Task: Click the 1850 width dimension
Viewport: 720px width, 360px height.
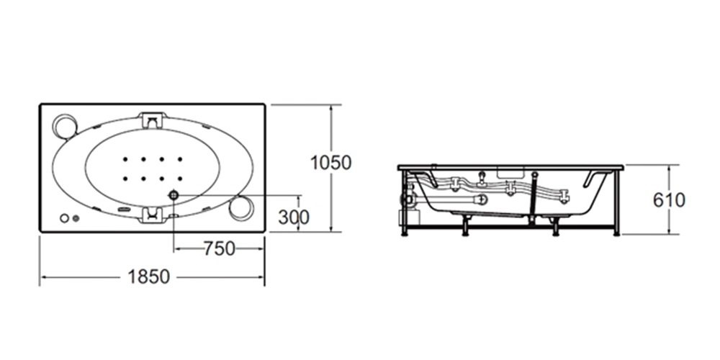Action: (x=149, y=277)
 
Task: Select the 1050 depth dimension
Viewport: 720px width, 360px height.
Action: (x=331, y=163)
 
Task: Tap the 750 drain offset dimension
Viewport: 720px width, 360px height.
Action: (x=219, y=248)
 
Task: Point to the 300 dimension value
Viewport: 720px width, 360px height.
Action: (x=294, y=217)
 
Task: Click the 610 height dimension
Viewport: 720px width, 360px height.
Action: (x=669, y=199)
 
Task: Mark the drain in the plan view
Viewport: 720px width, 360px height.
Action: (x=174, y=195)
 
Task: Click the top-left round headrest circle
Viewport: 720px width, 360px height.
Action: (x=65, y=126)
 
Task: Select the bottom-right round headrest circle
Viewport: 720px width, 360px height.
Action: (x=241, y=208)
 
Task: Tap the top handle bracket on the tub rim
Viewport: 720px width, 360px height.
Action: (x=153, y=120)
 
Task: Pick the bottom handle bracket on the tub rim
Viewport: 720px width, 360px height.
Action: (x=153, y=215)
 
